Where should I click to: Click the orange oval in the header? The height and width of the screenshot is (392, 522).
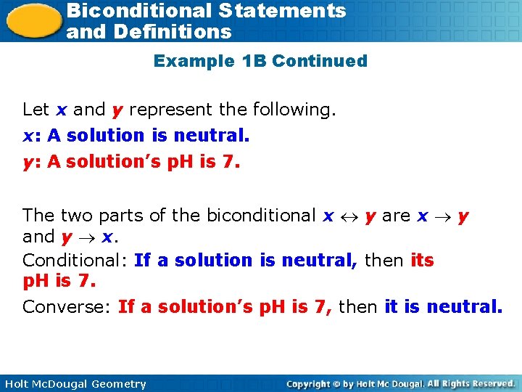point(33,20)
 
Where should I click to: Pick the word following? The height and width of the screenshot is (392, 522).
point(294,110)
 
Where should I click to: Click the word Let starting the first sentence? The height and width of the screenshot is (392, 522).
point(36,110)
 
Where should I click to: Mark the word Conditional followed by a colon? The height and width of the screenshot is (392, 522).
point(75,260)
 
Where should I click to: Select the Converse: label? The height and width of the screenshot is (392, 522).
point(67,307)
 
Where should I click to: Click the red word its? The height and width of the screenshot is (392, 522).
point(422,260)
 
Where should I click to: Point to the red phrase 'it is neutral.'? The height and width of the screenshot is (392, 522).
point(443,307)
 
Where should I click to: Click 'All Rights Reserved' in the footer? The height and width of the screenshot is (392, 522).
point(470,383)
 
